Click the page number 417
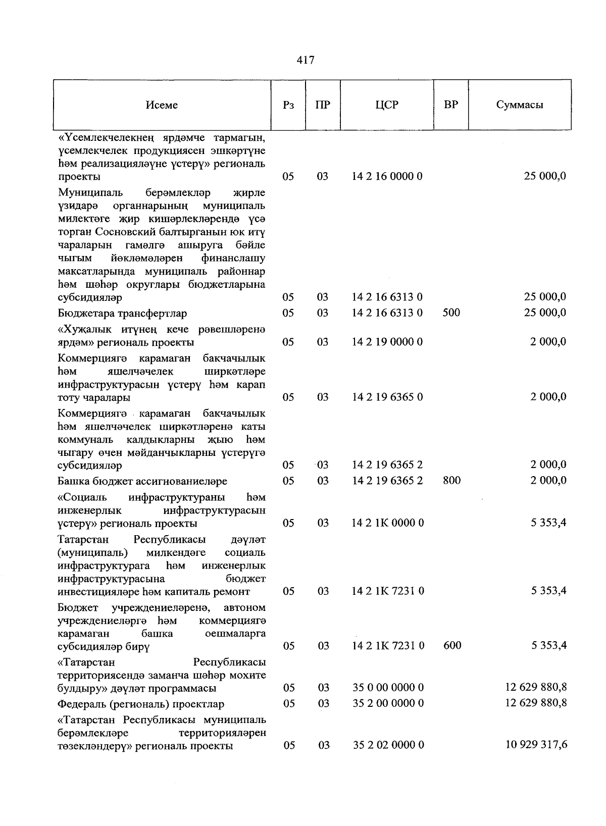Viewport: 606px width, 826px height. [x=306, y=60]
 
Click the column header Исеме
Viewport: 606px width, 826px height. [x=162, y=105]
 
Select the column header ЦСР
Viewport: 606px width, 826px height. [x=387, y=105]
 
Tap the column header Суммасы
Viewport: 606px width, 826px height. [x=519, y=105]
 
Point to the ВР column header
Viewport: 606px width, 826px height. [x=451, y=105]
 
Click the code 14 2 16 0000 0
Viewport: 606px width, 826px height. [x=387, y=176]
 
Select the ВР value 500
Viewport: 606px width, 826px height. [x=451, y=313]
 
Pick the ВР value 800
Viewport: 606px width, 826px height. [x=451, y=480]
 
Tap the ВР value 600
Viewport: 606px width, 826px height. [x=451, y=645]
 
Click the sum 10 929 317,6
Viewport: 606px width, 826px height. [x=536, y=744]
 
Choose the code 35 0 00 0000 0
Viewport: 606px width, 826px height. [x=388, y=687]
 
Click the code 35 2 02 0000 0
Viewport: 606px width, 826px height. [x=388, y=745]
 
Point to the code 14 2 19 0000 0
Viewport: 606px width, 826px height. [x=388, y=342]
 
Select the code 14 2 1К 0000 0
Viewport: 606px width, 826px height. [x=388, y=523]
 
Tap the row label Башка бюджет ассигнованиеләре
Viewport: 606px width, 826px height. [x=142, y=481]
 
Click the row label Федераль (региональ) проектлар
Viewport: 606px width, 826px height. [x=141, y=704]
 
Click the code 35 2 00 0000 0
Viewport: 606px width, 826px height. [x=388, y=703]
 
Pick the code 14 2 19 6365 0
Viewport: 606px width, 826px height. [x=388, y=397]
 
